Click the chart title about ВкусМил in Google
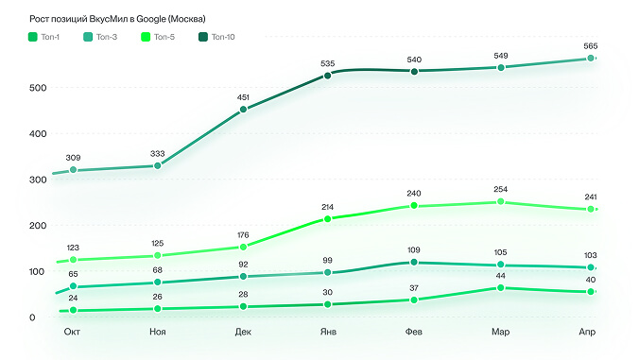tap(117, 19)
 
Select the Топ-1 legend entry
tap(43, 37)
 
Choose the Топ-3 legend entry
tap(100, 37)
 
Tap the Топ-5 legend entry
tap(158, 37)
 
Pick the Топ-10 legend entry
tap(216, 37)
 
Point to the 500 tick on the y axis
tap(38, 88)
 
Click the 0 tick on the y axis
tap(32, 317)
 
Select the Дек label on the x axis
tap(243, 332)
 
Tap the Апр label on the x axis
tap(587, 332)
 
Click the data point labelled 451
tap(243, 110)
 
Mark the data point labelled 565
tap(591, 59)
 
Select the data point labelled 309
tap(74, 170)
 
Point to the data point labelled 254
tap(501, 201)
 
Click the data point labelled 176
tap(243, 247)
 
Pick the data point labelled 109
tap(414, 262)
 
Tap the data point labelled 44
tap(501, 288)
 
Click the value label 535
tap(328, 63)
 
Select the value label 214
tap(327, 207)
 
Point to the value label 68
tap(157, 270)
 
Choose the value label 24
tap(73, 298)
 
